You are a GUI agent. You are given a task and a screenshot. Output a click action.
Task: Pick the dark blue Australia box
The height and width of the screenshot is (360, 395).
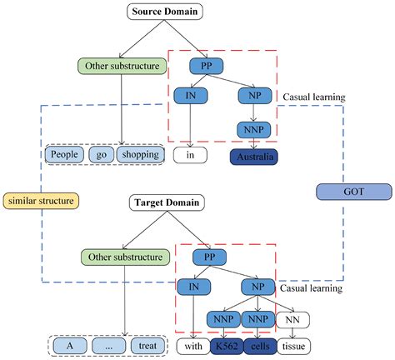(252, 155)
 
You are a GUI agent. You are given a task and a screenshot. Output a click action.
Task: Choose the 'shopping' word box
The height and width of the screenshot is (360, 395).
(137, 154)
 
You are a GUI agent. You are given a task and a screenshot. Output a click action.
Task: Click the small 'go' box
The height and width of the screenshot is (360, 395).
(98, 154)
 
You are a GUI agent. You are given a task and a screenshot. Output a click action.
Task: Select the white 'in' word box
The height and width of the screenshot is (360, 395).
(191, 155)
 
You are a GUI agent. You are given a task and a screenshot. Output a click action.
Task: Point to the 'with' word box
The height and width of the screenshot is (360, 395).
(191, 345)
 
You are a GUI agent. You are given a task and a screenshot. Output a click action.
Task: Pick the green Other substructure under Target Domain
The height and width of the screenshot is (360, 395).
(123, 257)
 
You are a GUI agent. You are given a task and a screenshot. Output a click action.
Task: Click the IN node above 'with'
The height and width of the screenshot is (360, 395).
(192, 286)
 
